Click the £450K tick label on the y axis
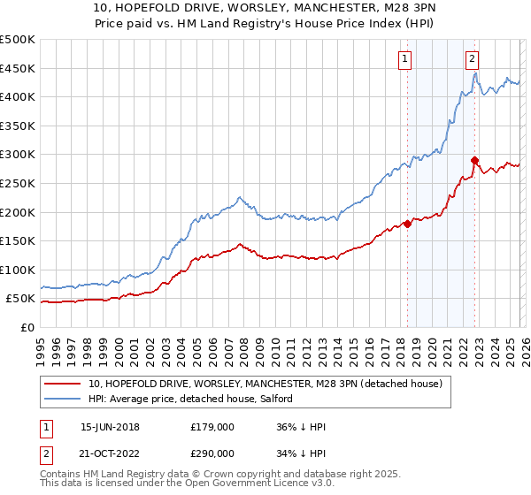point(18,68)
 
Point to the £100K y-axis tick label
point(18,270)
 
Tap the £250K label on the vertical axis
point(18,183)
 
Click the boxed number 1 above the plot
point(405,59)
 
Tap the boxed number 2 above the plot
point(473,59)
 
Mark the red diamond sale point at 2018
point(407,224)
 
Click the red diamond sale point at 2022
point(475,160)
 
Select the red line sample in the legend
point(63,384)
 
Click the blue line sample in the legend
point(63,399)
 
